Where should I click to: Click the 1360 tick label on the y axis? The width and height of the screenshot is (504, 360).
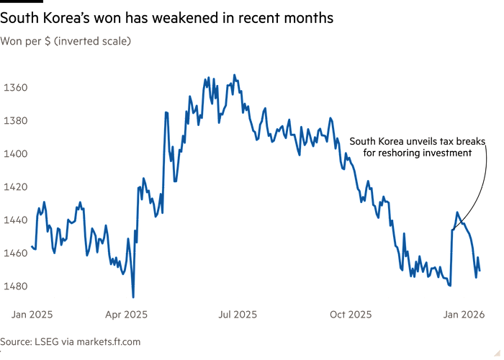coord(14,88)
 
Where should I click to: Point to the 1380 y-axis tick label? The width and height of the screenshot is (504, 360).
coord(14,121)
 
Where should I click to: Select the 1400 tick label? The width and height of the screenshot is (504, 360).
coord(14,154)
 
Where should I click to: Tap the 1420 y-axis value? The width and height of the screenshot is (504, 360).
coord(14,187)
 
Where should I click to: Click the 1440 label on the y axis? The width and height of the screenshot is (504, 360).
coord(14,220)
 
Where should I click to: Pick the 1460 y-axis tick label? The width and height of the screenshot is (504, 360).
coord(14,253)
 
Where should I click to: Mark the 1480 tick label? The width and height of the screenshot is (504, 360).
coord(14,287)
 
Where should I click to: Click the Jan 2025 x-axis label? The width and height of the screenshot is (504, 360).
coord(32,315)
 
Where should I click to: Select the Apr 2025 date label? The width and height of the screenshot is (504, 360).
coord(126,315)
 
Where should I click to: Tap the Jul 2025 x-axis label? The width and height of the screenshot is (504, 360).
coord(237,315)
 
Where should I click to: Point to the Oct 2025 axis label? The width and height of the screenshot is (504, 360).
coord(350,315)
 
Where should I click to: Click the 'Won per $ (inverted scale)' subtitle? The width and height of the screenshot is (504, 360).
coord(66,42)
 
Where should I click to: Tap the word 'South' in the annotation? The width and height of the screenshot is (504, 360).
coord(362,142)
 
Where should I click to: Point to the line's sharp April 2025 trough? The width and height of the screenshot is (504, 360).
coord(133,294)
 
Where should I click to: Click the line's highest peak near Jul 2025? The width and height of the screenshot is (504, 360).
coord(235,75)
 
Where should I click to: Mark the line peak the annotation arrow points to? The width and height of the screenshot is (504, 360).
coord(457,213)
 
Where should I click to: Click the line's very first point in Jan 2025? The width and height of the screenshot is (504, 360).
coord(32,246)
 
